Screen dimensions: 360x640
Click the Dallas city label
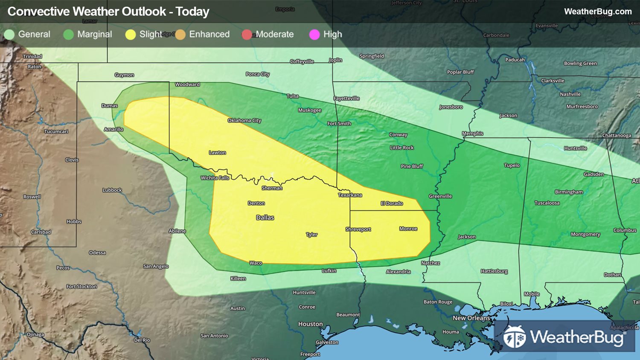(x=265, y=218)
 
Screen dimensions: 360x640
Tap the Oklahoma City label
(x=244, y=120)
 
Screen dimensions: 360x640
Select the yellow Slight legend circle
(x=131, y=35)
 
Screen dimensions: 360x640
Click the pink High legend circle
(x=314, y=35)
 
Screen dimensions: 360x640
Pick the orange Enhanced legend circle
(x=180, y=35)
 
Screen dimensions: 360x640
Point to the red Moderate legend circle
(x=247, y=35)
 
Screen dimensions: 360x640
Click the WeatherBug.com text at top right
(x=598, y=12)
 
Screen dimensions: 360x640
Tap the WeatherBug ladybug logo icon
(x=514, y=337)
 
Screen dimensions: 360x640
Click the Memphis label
(x=472, y=134)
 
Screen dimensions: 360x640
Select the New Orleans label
(x=471, y=318)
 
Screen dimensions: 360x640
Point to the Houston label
(x=310, y=324)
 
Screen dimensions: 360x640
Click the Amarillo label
(x=113, y=129)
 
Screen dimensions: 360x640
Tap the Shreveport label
(x=358, y=229)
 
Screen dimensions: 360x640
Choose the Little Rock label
(x=401, y=148)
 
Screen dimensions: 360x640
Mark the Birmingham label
(x=568, y=192)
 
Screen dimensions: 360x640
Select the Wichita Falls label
(x=215, y=178)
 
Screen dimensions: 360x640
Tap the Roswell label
(x=32, y=197)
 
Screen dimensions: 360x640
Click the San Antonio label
(x=214, y=336)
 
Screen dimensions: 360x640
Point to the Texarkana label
(x=350, y=195)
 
